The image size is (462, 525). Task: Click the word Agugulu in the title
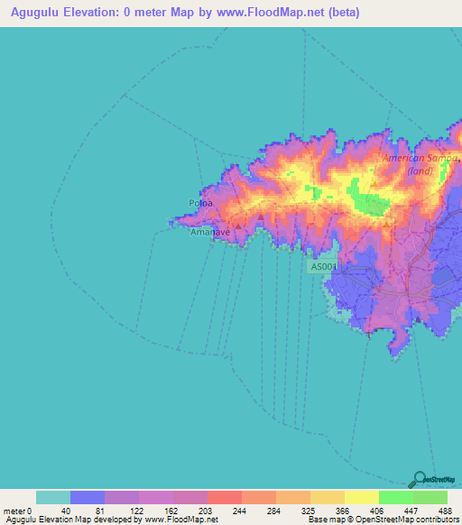[33, 13]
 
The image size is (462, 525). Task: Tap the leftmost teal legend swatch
[52, 497]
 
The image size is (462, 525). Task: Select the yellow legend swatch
[361, 497]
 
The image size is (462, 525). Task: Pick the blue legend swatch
[87, 497]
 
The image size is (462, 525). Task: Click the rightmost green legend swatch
[430, 497]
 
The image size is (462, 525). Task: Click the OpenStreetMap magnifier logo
[419, 478]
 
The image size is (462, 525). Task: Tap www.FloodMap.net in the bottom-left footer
[181, 520]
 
